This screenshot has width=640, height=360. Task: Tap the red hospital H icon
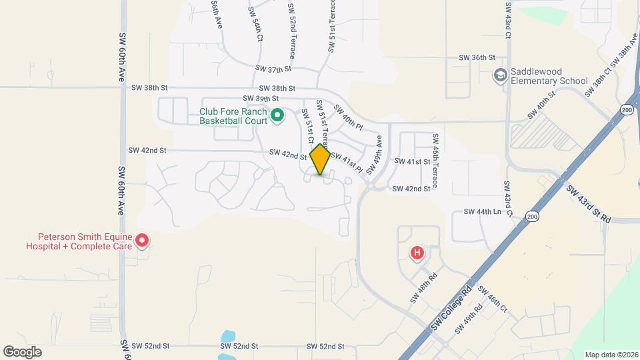417,253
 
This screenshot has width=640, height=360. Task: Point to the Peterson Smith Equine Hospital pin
142,240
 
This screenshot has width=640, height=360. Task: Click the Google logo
22,351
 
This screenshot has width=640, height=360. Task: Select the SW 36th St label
477,58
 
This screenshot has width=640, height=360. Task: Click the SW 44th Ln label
482,212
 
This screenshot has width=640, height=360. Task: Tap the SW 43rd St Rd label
589,204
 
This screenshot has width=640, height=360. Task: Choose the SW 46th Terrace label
435,160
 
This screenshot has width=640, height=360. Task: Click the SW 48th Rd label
423,287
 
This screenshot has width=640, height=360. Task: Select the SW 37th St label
274,69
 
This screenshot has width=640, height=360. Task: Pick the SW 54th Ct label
257,25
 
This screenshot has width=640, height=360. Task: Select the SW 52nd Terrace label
292,30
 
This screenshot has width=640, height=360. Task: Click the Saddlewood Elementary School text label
549,76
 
